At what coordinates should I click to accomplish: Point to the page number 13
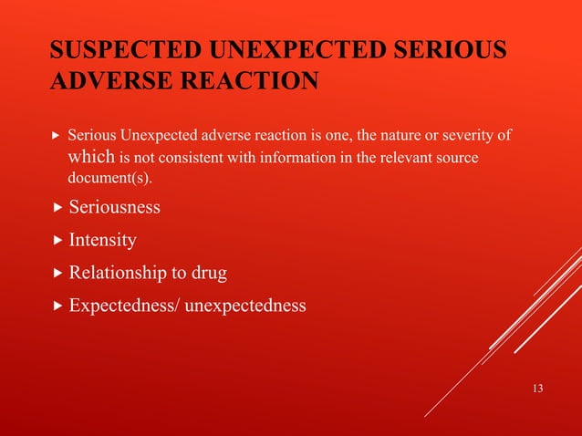tap(536, 389)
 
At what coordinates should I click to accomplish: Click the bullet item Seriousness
tap(115, 207)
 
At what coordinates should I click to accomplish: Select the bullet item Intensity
tap(103, 241)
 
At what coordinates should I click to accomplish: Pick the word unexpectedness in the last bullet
tap(246, 306)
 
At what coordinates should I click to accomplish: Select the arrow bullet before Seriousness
tap(58, 207)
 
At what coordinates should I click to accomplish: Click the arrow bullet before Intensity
tap(58, 241)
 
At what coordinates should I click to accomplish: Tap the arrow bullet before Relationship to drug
tap(58, 273)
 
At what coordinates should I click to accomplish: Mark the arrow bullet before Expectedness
tap(58, 306)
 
